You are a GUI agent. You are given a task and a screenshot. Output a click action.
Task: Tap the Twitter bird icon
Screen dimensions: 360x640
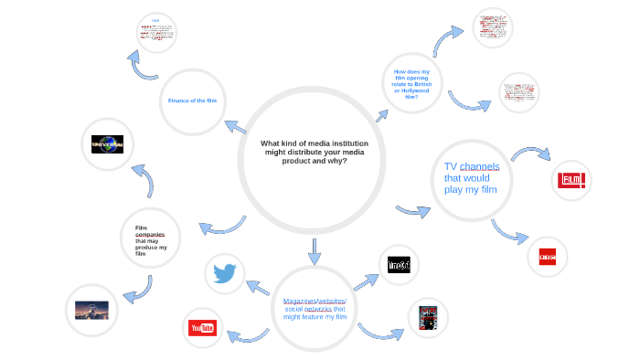pyautogui.click(x=224, y=273)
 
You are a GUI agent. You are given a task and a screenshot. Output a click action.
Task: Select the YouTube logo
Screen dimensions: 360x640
pyautogui.click(x=202, y=327)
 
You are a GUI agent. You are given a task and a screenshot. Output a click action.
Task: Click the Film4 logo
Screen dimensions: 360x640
pyautogui.click(x=571, y=180)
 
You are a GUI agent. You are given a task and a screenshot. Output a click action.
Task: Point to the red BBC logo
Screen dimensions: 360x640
pyautogui.click(x=548, y=255)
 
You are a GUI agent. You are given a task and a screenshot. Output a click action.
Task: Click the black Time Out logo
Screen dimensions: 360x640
pyautogui.click(x=399, y=265)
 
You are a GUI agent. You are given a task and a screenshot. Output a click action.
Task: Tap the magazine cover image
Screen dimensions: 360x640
pyautogui.click(x=428, y=318)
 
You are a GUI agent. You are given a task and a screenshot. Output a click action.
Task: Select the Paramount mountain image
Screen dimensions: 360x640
pyautogui.click(x=92, y=310)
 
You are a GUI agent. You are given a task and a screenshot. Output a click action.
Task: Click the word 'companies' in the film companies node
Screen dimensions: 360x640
pyautogui.click(x=150, y=235)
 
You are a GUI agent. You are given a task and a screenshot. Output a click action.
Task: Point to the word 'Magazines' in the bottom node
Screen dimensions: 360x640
pyautogui.click(x=299, y=301)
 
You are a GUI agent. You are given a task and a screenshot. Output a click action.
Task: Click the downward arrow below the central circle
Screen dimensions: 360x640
pyautogui.click(x=315, y=251)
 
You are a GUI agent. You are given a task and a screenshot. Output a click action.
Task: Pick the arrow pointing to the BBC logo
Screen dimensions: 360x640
pyautogui.click(x=509, y=231)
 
